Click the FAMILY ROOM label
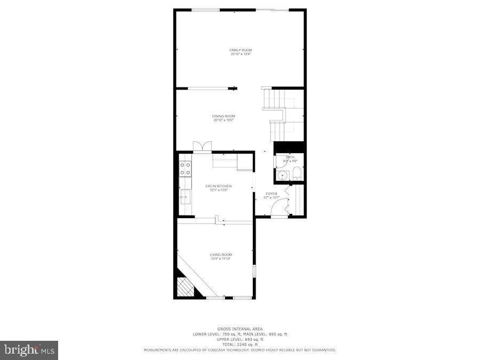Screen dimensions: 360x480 (x=241, y=50)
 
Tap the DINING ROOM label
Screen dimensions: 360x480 (x=224, y=116)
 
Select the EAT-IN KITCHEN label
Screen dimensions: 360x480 (x=219, y=186)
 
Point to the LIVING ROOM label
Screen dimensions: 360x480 (x=221, y=255)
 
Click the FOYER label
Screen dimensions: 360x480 (x=271, y=194)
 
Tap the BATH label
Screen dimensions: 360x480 (x=290, y=157)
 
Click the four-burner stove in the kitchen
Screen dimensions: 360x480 (x=186, y=169)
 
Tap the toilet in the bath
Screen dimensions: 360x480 (x=297, y=174)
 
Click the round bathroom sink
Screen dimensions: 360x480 (x=282, y=175)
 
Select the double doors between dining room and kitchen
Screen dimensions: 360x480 (x=202, y=147)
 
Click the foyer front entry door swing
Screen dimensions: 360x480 (x=277, y=209)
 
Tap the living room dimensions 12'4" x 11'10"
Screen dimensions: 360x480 (x=221, y=259)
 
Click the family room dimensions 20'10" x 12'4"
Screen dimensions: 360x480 (x=241, y=54)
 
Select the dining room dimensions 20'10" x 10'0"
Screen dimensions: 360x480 (x=224, y=120)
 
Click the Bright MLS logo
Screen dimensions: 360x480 (x=29, y=350)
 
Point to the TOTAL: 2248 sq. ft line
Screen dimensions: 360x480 (x=240, y=345)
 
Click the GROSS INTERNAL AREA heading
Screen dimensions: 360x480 (x=240, y=329)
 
